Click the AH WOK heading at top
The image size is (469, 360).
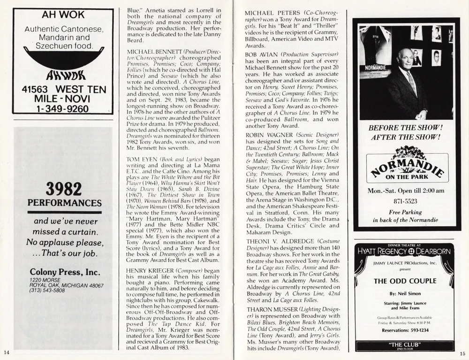(x=63, y=15)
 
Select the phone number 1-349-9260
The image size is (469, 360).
(x=63, y=109)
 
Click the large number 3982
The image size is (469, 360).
(x=63, y=190)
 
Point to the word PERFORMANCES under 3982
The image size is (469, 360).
(x=64, y=203)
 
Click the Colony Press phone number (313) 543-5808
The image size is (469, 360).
(x=47, y=291)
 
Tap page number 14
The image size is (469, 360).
(x=6, y=352)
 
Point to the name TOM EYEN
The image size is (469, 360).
(x=140, y=159)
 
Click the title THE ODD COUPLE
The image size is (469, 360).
(x=405, y=281)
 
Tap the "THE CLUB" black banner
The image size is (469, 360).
(x=405, y=346)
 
